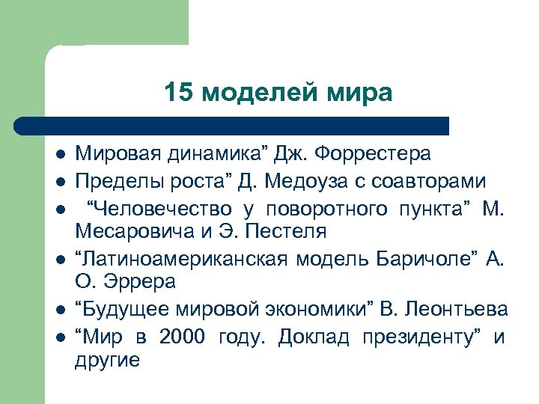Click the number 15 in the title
[178, 93]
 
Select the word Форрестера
[374, 155]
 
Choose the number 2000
[181, 337]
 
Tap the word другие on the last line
[107, 360]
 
